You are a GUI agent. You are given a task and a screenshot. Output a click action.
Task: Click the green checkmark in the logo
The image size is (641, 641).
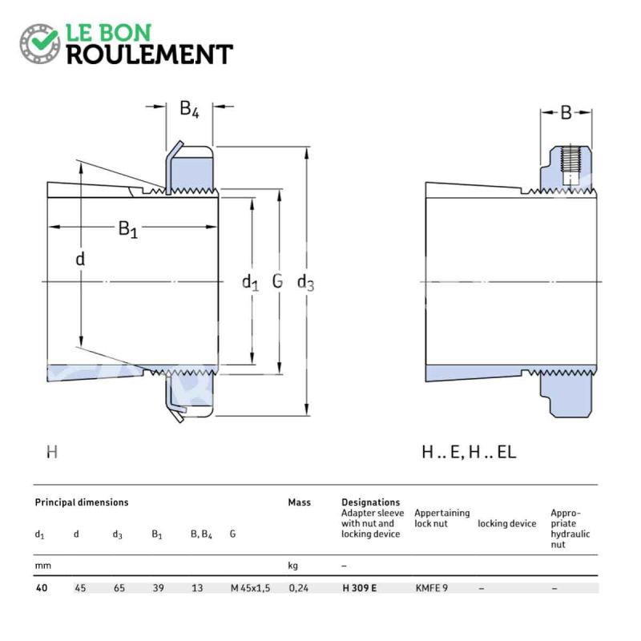(44, 39)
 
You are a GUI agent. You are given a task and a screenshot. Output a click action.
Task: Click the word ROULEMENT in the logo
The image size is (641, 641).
(150, 54)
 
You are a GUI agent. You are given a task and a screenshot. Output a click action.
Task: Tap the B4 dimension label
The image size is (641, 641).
(189, 109)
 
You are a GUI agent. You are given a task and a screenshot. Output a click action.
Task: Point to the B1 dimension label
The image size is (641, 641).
(128, 229)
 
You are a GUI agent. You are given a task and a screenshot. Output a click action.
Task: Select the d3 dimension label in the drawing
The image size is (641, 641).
(305, 283)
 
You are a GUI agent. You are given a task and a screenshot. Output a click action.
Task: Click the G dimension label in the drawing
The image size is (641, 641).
(277, 281)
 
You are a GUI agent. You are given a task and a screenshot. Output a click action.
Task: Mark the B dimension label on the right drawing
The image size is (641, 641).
(566, 112)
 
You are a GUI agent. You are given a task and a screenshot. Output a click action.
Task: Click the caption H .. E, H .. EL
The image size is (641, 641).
(469, 452)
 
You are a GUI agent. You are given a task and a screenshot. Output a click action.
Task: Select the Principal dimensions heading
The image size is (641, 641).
(82, 502)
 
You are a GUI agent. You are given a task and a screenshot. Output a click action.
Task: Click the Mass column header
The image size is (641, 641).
(299, 502)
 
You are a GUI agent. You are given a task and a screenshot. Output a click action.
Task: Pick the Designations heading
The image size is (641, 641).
(370, 502)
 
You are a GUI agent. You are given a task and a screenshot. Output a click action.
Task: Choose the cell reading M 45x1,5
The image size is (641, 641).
(251, 588)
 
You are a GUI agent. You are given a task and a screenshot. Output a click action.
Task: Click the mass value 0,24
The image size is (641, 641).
(299, 588)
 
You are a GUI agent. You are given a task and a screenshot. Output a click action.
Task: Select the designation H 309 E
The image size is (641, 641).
(359, 588)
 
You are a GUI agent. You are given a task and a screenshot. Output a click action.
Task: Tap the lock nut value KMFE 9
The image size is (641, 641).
(432, 588)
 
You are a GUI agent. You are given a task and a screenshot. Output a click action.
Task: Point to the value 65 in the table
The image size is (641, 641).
(119, 588)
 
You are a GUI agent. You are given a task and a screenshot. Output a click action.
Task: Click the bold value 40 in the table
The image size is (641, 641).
(42, 588)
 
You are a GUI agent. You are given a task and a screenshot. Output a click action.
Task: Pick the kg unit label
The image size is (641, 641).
(293, 566)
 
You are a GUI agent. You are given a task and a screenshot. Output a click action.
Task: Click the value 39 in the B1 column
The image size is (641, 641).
(158, 588)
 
